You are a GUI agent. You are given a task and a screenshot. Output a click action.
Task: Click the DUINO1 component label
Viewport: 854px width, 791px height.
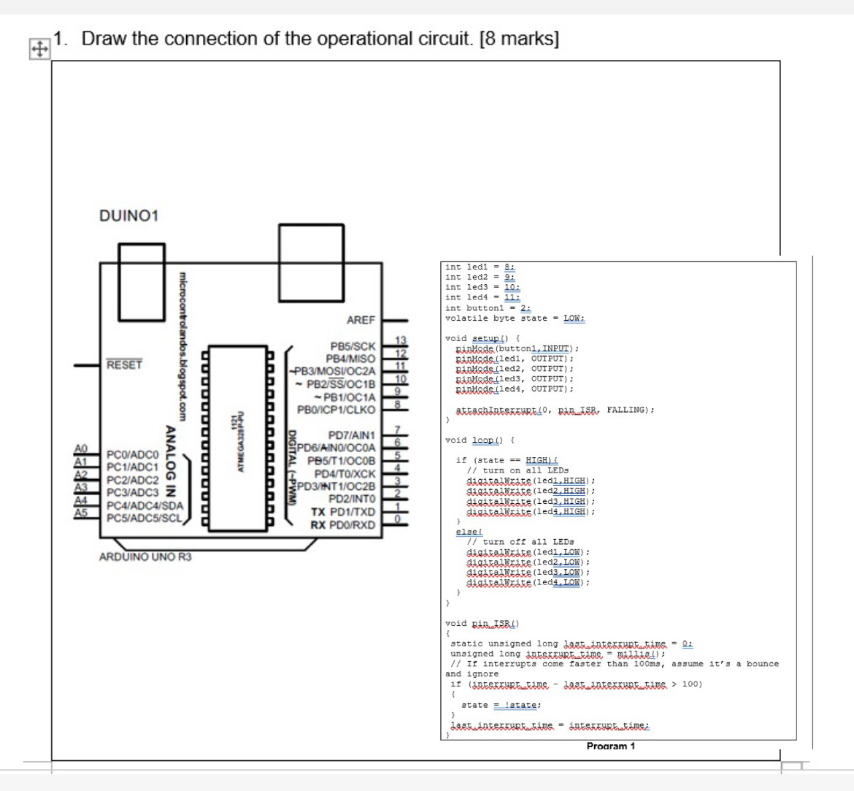point(128,216)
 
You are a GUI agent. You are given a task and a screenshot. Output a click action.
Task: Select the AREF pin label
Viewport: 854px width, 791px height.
point(361,320)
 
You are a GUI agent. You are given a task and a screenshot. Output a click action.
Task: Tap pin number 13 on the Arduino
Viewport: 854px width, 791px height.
point(399,340)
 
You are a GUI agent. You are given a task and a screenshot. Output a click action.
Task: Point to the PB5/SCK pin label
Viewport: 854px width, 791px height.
point(353,346)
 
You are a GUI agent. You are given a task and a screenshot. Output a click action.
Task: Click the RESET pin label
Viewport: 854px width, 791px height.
point(124,364)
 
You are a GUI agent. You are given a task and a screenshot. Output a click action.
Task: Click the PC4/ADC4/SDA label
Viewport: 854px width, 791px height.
point(145,505)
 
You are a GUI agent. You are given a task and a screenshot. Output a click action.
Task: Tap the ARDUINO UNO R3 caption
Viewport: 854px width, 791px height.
point(145,557)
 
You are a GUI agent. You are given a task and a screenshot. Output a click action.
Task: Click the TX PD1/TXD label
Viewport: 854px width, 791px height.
point(343,512)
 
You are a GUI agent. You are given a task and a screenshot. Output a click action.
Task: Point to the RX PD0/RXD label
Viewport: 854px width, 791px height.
point(343,524)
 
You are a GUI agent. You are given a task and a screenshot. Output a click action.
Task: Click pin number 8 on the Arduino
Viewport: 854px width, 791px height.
point(399,404)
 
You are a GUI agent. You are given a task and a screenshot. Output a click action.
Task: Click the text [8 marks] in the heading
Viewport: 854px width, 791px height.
point(519,39)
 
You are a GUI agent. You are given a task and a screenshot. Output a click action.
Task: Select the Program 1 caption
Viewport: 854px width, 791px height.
point(610,746)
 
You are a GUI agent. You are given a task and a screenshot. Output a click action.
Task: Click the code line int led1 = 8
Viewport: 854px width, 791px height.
point(481,267)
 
